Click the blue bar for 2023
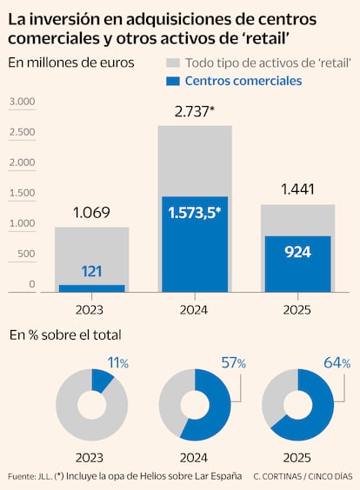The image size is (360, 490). coord(91,288)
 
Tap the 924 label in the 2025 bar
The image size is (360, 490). coord(297,252)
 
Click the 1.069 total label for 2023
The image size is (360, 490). coord(92,213)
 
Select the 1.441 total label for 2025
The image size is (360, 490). coord(297,190)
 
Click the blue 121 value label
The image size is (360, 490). coord(91,271)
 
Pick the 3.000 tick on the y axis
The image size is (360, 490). coord(23,103)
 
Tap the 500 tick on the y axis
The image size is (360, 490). coord(25,255)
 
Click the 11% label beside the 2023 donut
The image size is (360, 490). coord(117,363)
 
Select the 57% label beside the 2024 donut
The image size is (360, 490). coord(234,363)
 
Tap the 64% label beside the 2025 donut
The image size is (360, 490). coord(338,363)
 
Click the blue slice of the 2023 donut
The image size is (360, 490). coord(102,380)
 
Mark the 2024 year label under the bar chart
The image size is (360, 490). coord(194,309)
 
